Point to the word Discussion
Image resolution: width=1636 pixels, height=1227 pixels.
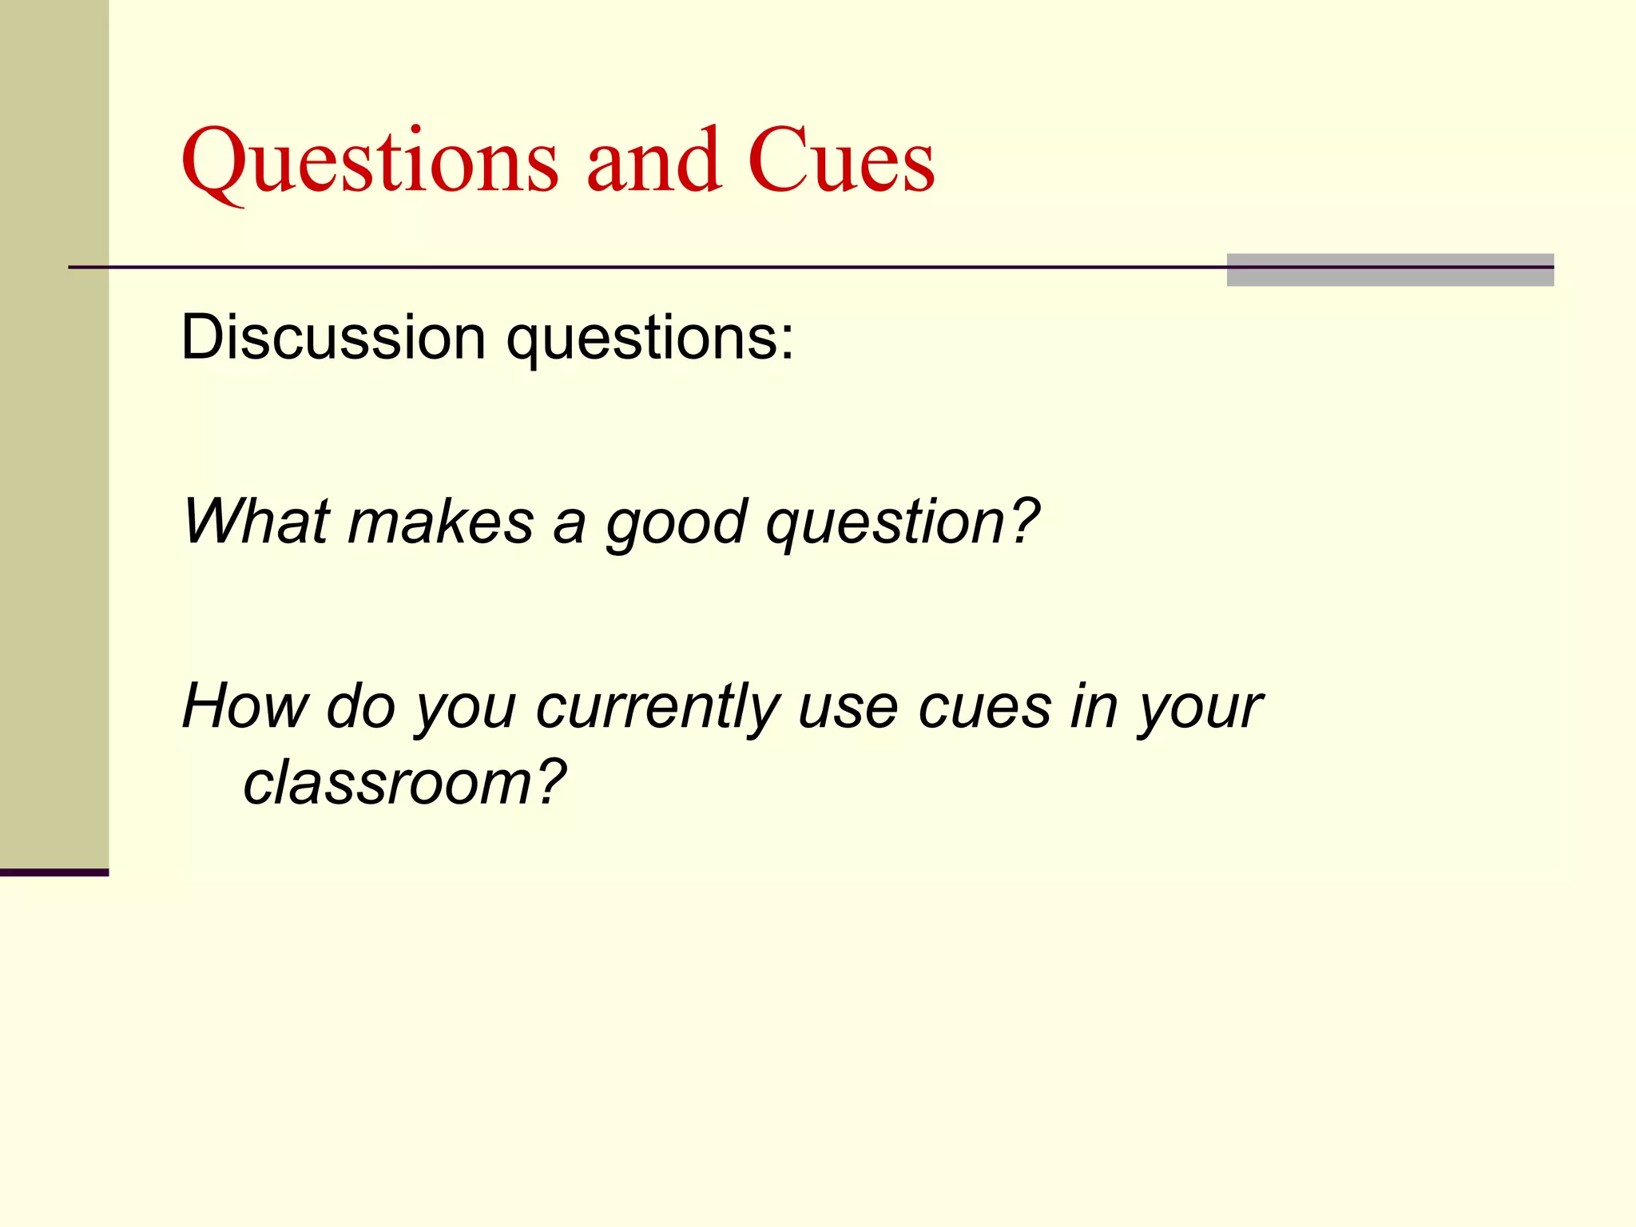click(333, 337)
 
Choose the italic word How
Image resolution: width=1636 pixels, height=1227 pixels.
click(245, 706)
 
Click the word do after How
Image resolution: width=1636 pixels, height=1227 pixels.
click(361, 706)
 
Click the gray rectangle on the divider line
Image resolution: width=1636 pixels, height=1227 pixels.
click(1389, 270)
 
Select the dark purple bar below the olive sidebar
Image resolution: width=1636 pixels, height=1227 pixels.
click(54, 872)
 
